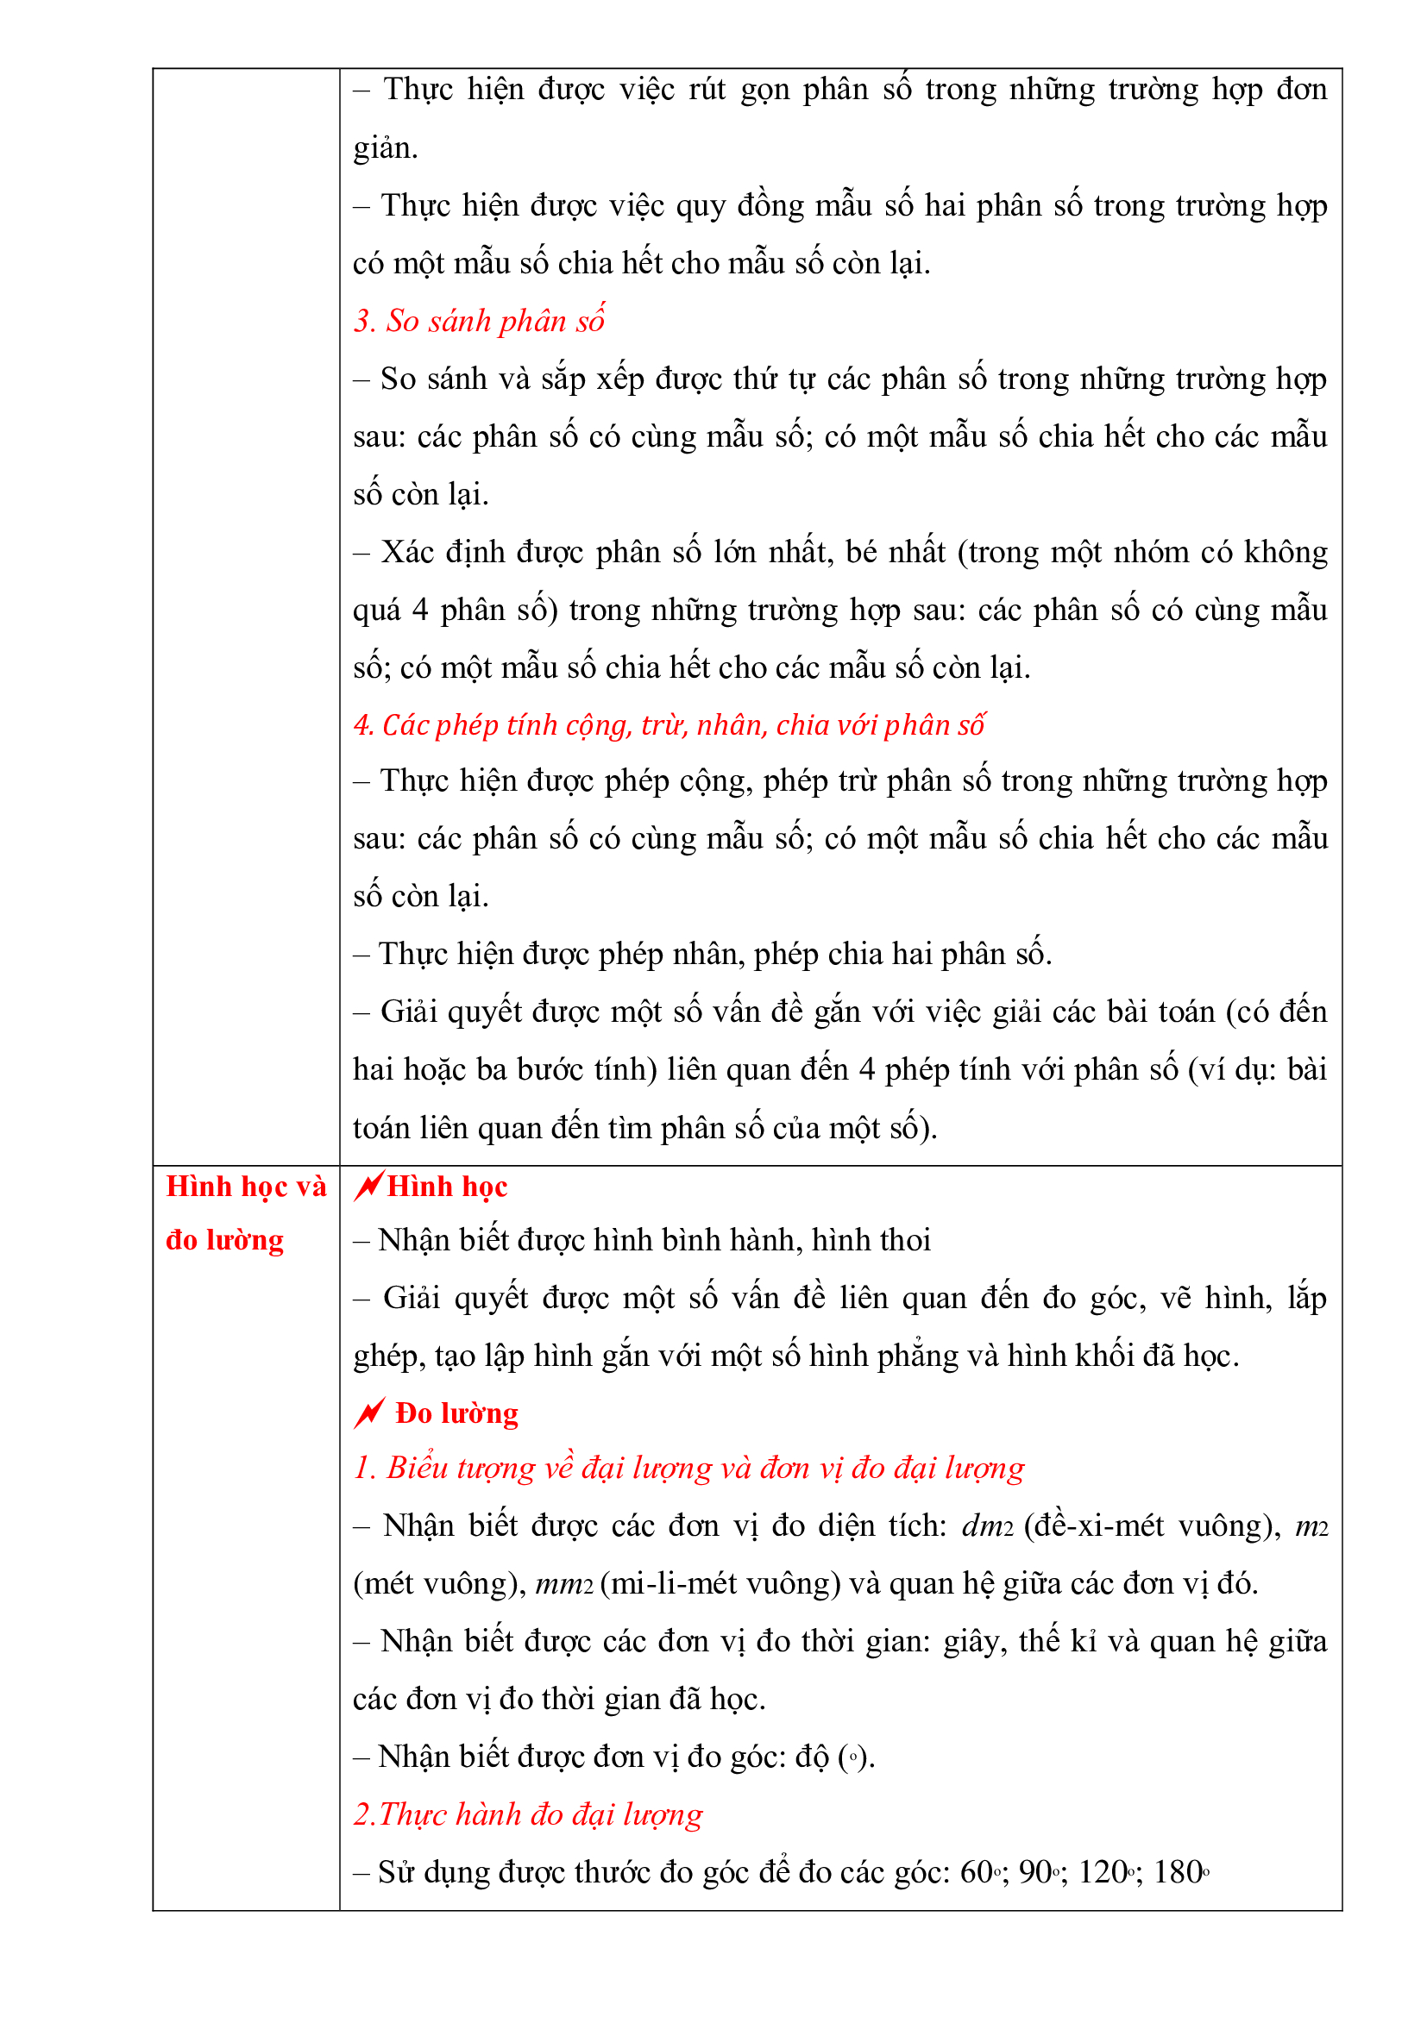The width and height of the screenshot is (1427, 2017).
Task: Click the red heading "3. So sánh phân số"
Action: click(479, 322)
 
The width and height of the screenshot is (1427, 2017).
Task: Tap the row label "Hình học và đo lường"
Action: click(245, 1213)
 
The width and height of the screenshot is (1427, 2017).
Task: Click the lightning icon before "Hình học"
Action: click(368, 1186)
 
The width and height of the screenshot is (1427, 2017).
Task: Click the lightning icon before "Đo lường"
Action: click(369, 1413)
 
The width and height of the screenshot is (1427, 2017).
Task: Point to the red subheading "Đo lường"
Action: click(456, 1413)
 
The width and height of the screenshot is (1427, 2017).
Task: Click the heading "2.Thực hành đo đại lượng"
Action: click(527, 1814)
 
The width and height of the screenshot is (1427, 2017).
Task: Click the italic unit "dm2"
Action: click(987, 1526)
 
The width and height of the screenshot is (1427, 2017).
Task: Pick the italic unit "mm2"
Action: click(564, 1584)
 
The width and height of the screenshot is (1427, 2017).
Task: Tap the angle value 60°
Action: click(981, 1872)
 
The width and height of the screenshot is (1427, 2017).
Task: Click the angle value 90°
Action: click(1040, 1872)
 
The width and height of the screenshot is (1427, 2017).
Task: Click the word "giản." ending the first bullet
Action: click(385, 148)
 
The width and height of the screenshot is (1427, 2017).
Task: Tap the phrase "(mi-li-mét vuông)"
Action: click(720, 1584)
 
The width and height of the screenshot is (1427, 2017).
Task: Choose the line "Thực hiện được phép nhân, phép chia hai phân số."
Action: click(702, 954)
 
